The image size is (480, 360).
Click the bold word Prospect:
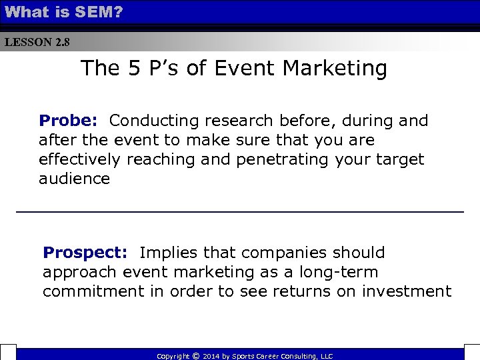pyautogui.click(x=85, y=253)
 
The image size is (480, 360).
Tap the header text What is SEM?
pyautogui.click(x=63, y=11)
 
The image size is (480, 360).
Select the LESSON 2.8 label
pyautogui.click(x=37, y=43)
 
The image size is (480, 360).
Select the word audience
pyautogui.click(x=74, y=179)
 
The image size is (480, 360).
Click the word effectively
pyautogui.click(x=79, y=160)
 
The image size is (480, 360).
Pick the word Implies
pyautogui.click(x=169, y=253)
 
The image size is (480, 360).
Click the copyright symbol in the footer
pyautogui.click(x=195, y=356)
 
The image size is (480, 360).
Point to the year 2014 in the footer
pyautogui.click(x=212, y=357)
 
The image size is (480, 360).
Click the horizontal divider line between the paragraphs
pyautogui.click(x=240, y=211)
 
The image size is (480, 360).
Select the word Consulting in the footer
pyautogui.click(x=302, y=357)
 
